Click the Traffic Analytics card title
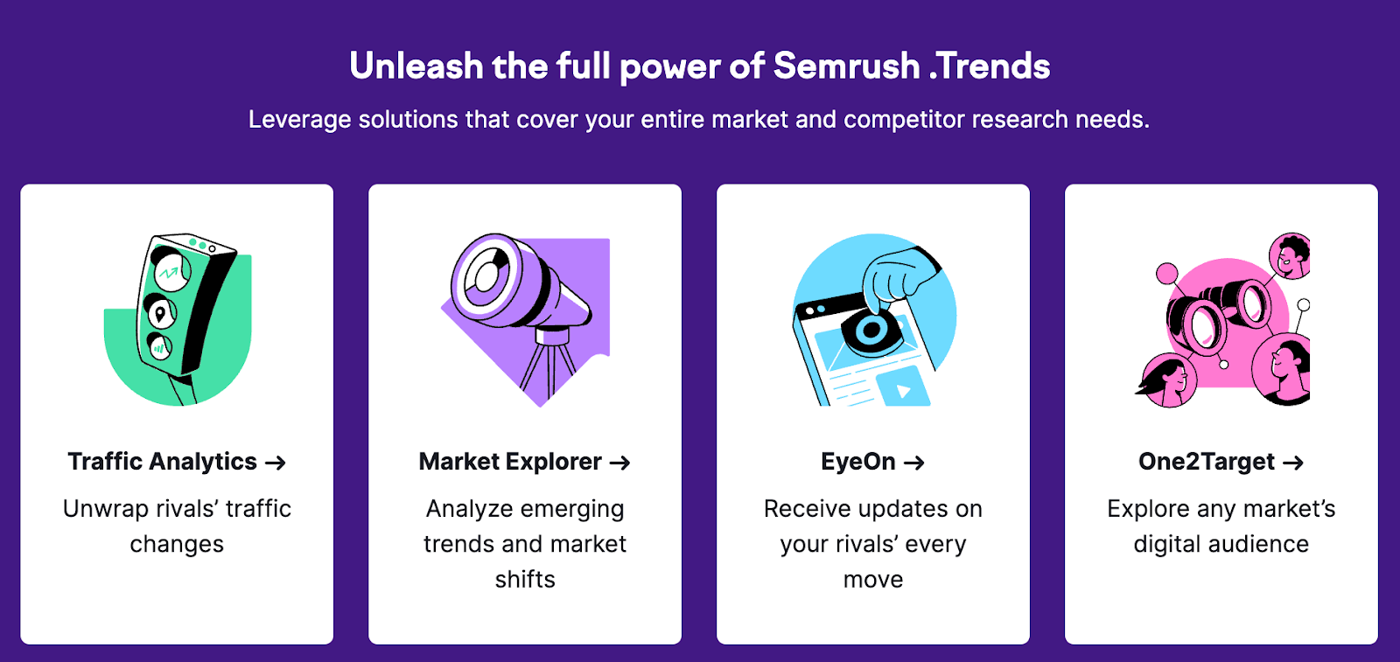pos(163,462)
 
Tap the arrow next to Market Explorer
pos(620,463)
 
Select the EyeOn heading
pos(858,462)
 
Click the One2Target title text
pos(1207,462)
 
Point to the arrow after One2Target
pos(1293,463)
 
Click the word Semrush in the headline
pos(846,66)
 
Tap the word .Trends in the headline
pos(990,66)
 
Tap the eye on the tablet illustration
pos(871,331)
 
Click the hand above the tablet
pos(897,275)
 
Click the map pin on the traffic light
pos(160,312)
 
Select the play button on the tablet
pos(903,390)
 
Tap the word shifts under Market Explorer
pos(525,580)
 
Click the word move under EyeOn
pos(873,580)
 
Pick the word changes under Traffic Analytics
pos(177,545)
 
